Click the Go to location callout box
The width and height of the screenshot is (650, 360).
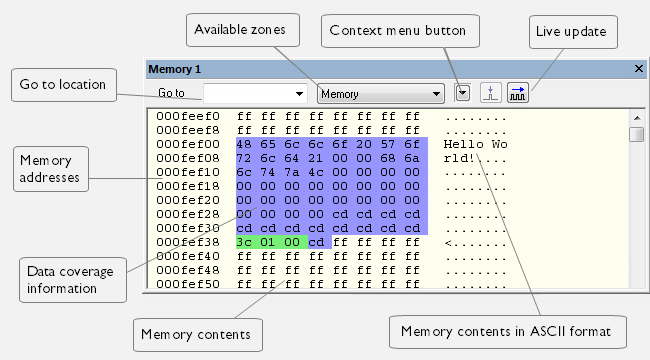[x=63, y=85]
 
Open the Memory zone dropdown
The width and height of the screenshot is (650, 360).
[x=380, y=94]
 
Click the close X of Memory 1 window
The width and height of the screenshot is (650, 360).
[x=639, y=69]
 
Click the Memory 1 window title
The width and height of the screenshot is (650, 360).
[x=175, y=69]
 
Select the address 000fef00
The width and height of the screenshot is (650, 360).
[x=188, y=144]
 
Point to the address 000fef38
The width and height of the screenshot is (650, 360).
[x=188, y=242]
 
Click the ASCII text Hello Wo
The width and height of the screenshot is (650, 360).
[x=475, y=144]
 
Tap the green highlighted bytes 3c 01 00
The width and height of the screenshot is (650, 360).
[x=272, y=242]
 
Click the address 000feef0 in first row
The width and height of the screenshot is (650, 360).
[x=188, y=116]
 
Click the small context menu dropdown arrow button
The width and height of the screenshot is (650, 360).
[x=462, y=93]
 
